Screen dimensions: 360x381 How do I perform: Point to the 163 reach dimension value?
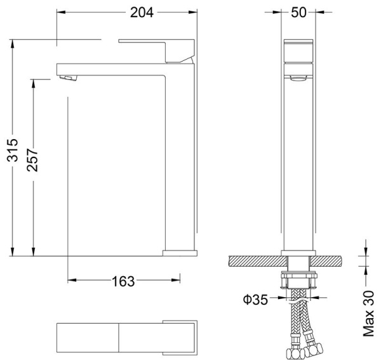pyautogui.click(x=124, y=280)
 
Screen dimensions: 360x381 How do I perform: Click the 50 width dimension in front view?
pyautogui.click(x=298, y=11)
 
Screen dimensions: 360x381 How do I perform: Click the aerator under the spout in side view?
pyautogui.click(x=66, y=77)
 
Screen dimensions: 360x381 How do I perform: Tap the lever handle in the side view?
pyautogui.click(x=159, y=49)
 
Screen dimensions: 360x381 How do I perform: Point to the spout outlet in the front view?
pyautogui.click(x=298, y=77)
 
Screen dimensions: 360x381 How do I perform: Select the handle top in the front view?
pyautogui.click(x=298, y=49)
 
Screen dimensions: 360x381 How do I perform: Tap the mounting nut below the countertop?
pyautogui.click(x=298, y=280)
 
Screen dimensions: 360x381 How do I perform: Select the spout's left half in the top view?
pyautogui.click(x=87, y=337)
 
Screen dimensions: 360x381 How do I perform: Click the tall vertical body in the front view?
pyautogui.click(x=298, y=165)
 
